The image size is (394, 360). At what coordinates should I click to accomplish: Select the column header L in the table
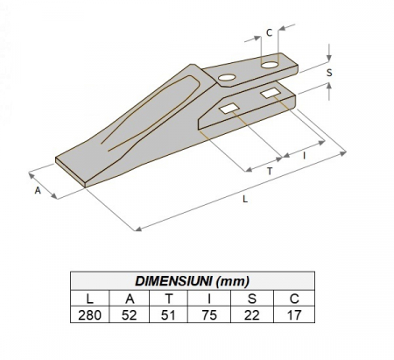90,298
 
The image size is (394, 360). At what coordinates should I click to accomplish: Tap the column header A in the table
130,298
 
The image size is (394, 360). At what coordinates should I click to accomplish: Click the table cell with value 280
90,314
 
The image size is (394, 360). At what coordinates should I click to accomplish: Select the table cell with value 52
130,314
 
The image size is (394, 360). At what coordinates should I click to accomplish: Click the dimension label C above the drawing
269,33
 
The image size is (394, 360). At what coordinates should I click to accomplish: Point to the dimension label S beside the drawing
328,74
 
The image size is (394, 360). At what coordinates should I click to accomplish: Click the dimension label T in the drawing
269,173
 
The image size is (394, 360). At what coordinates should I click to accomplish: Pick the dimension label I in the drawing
304,154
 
